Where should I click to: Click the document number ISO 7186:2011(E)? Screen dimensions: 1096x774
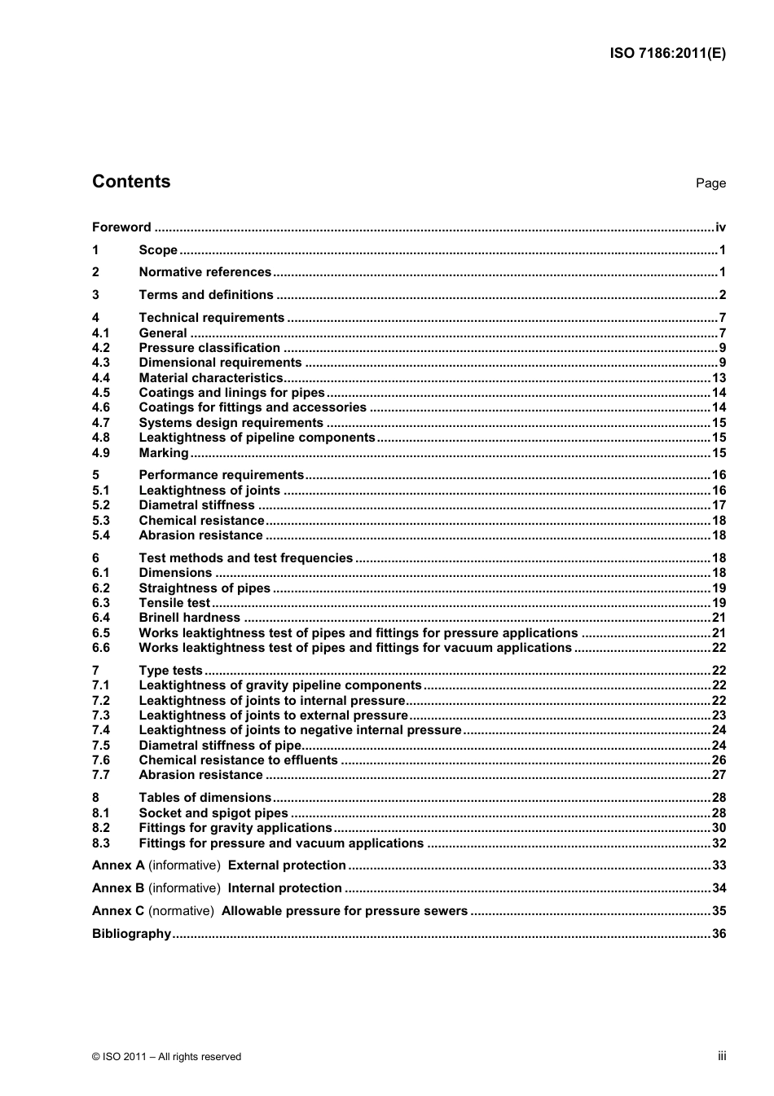click(x=667, y=54)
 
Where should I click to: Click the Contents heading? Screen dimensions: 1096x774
click(x=131, y=182)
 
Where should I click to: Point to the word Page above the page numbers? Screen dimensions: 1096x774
click(x=710, y=183)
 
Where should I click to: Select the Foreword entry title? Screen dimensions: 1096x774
click(x=121, y=227)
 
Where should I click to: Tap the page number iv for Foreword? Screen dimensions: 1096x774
click(x=720, y=227)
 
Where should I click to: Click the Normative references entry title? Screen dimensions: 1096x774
click(x=204, y=272)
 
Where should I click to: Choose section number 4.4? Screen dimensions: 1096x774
click(x=101, y=378)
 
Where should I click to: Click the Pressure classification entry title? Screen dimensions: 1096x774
click(x=209, y=348)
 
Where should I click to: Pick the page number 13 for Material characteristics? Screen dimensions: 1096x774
click(x=719, y=378)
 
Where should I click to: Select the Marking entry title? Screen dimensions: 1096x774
click(x=164, y=453)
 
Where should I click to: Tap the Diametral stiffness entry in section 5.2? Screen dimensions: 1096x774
click(x=196, y=505)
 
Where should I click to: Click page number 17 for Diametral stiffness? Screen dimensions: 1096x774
click(x=719, y=505)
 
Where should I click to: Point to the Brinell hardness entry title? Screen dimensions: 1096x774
click(x=189, y=618)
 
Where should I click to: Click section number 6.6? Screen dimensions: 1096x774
click(x=101, y=648)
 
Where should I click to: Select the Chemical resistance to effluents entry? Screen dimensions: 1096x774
click(x=238, y=760)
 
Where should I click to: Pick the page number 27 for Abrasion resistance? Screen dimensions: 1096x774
click(x=719, y=775)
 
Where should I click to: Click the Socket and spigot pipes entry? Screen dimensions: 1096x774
click(x=213, y=813)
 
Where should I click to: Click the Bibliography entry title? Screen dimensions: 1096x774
click(x=131, y=934)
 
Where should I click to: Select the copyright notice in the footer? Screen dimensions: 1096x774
click(x=167, y=1057)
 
